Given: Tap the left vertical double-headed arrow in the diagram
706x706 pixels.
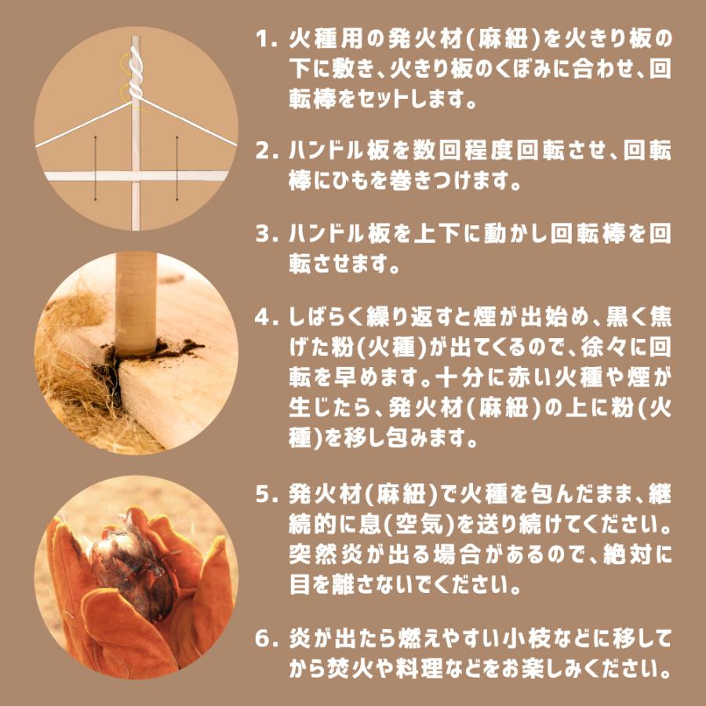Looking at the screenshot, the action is (95, 168).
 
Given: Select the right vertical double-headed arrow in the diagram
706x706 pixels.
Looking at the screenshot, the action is (177, 168).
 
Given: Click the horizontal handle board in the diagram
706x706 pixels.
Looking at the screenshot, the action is (136, 176).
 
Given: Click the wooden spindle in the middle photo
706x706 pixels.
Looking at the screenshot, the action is (136, 303).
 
